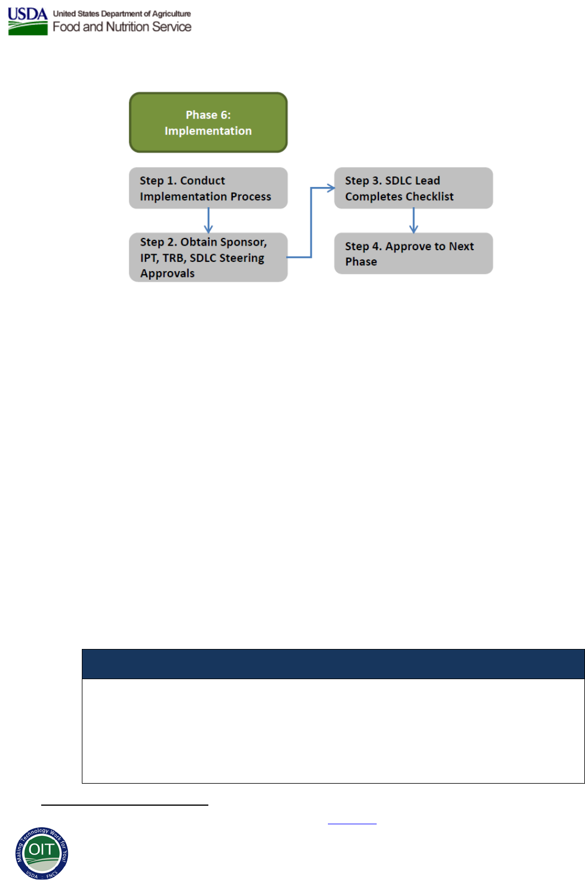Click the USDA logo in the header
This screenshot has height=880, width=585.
27,21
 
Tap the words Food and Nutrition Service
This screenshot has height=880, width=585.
122,27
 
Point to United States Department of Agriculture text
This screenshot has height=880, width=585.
122,13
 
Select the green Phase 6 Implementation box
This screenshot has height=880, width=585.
208,122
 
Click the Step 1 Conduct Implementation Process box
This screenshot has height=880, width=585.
208,188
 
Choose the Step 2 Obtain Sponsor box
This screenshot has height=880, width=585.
208,257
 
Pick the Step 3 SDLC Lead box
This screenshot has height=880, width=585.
413,188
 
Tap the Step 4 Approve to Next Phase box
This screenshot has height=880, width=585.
413,253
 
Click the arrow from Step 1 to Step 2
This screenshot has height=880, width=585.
208,221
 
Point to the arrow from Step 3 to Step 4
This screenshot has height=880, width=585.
413,221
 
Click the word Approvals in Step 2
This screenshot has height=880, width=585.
167,273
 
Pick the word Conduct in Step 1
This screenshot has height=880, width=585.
203,181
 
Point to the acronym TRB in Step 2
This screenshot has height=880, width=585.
173,258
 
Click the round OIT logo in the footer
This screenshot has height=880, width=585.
42,853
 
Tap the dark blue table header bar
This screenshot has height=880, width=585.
333,664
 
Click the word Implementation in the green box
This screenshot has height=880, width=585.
208,131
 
